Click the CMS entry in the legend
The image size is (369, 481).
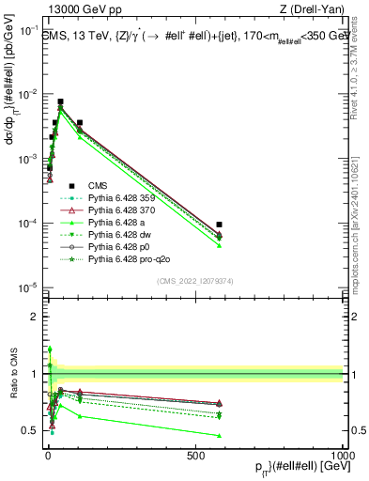click(x=99, y=186)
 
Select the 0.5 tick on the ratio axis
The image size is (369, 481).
click(x=36, y=430)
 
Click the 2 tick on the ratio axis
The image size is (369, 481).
click(x=36, y=317)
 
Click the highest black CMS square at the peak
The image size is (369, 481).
click(x=60, y=101)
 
